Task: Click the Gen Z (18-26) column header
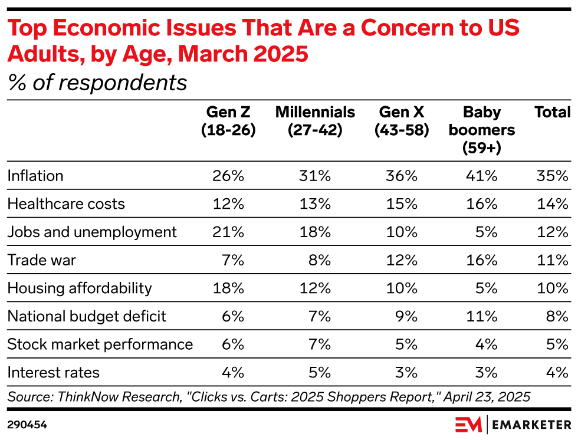(228, 121)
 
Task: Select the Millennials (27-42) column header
(315, 121)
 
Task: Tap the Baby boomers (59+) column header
(482, 130)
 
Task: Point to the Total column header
(552, 112)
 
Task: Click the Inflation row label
(35, 176)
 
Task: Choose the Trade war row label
(42, 260)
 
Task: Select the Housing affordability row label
(80, 288)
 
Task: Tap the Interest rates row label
(54, 372)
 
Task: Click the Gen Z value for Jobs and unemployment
(229, 232)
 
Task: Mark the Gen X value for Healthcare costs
(402, 204)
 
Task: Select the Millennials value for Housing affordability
(316, 288)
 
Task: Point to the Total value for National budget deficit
(557, 316)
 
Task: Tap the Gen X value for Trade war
(402, 260)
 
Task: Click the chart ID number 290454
(27, 424)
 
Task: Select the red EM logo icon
(468, 424)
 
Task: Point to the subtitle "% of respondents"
(97, 83)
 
